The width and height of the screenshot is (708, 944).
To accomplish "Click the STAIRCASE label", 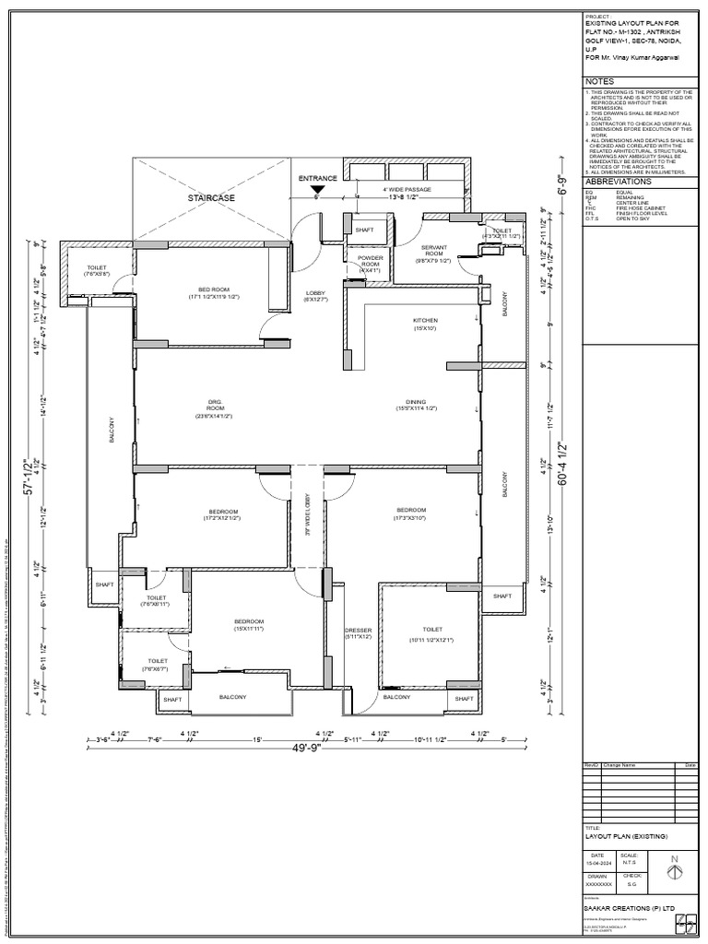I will tap(212, 198).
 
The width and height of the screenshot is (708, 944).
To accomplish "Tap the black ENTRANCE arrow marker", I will tap(317, 188).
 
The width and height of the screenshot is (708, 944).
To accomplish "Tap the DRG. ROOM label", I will tap(215, 408).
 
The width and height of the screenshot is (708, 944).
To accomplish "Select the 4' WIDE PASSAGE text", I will tap(407, 189).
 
